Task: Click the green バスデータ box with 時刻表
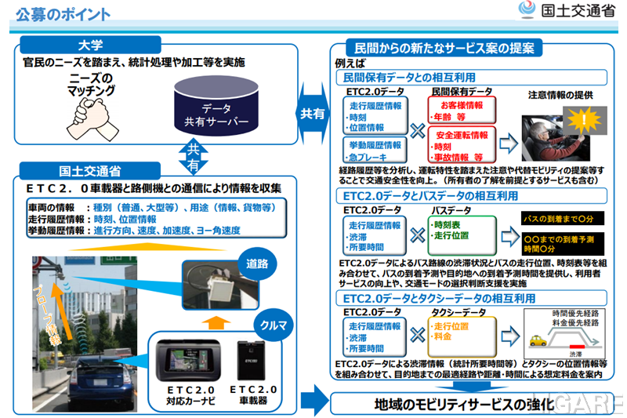[x=458, y=230]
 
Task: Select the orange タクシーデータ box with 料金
[x=458, y=330]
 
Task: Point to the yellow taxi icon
[x=538, y=342]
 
